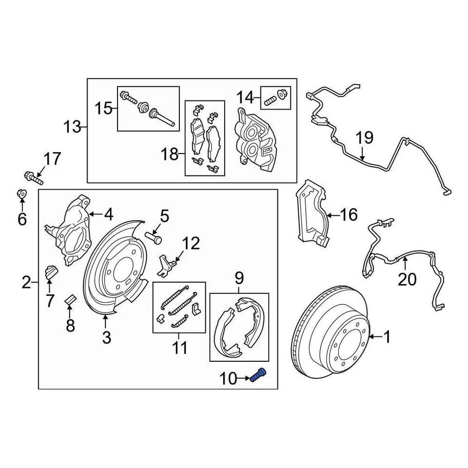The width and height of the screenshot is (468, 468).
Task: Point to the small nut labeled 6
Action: coord(21,194)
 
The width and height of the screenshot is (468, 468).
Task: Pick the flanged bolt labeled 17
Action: coord(32,176)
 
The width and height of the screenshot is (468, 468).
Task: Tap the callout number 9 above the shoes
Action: coord(239,278)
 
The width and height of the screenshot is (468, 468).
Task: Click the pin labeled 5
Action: coord(154,237)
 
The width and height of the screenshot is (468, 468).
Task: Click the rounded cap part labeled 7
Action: coord(51,272)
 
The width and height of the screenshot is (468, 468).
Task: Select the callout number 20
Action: coord(408,279)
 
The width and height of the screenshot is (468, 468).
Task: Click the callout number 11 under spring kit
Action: coord(179,348)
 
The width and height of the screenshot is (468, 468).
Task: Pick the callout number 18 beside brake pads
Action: coord(170,155)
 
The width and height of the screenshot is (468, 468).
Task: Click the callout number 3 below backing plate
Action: coord(106,337)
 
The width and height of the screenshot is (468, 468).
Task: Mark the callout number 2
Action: coord(26,282)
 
